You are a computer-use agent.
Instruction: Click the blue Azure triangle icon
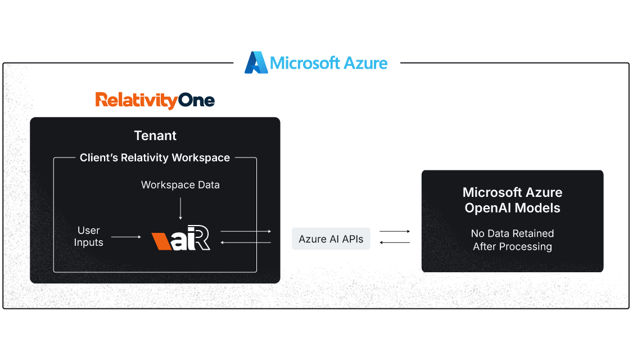[x=256, y=62]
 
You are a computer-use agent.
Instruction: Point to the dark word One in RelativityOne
[x=197, y=101]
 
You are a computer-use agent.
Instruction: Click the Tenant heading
[x=155, y=136]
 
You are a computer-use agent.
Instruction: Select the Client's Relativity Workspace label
[x=155, y=157]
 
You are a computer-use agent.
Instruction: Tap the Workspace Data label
[x=180, y=185]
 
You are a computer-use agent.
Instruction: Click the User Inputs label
[x=89, y=237]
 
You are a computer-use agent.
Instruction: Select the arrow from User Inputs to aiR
[x=127, y=237]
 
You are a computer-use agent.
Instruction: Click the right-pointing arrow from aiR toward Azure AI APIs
[x=246, y=231]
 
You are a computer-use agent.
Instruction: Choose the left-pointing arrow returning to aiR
[x=246, y=242]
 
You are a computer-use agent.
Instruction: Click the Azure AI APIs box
[x=331, y=239]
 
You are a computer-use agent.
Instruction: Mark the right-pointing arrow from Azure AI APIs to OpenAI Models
[x=395, y=231]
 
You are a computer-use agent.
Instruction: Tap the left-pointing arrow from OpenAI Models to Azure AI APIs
[x=395, y=242]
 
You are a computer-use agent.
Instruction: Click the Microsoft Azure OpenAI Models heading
[x=512, y=200]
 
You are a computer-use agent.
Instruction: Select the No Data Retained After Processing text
[x=512, y=240]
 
